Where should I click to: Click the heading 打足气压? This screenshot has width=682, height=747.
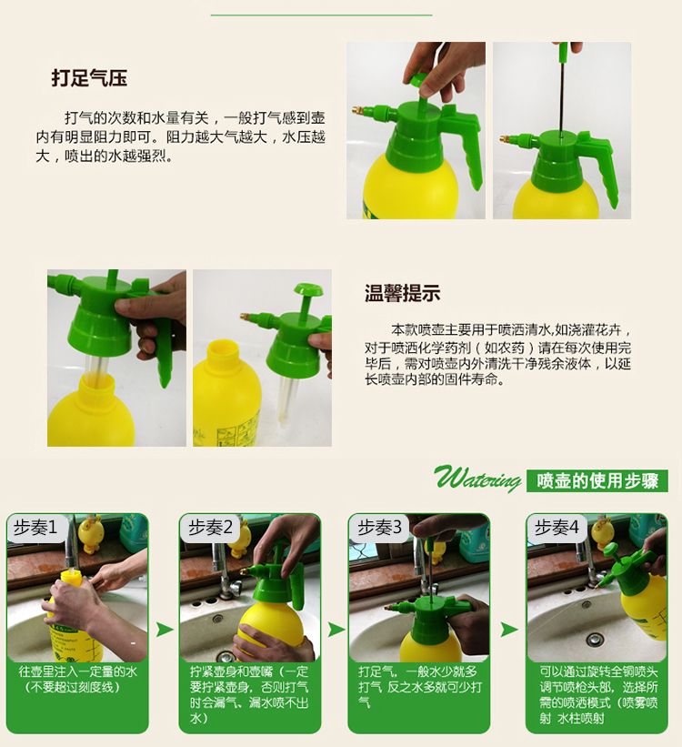coord(89,78)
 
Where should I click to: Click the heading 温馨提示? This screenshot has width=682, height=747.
coord(403,293)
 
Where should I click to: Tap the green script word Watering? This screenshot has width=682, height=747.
coord(477,478)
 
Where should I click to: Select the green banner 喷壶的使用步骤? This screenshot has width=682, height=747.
coord(597,480)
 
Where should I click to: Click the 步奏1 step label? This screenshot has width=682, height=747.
coord(35,528)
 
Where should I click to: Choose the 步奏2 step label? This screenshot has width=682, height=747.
coord(210,528)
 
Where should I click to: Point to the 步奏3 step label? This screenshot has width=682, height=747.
coord(379,528)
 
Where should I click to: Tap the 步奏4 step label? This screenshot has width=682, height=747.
coord(557,528)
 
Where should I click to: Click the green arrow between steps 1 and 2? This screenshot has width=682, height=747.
coord(165,630)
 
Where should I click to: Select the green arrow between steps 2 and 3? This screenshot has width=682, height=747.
coord(336,630)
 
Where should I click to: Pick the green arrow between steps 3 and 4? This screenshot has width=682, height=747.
coord(508,630)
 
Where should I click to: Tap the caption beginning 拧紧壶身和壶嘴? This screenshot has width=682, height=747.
coord(249,694)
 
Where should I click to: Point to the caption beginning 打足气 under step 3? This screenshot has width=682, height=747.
coord(420,687)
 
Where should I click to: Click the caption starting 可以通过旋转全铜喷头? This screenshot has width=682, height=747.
coord(598,694)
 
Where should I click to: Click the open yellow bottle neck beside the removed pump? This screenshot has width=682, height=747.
coord(224,352)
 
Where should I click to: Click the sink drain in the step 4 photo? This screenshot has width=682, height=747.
coord(594,639)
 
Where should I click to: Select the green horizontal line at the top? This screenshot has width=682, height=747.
coord(322,15)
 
